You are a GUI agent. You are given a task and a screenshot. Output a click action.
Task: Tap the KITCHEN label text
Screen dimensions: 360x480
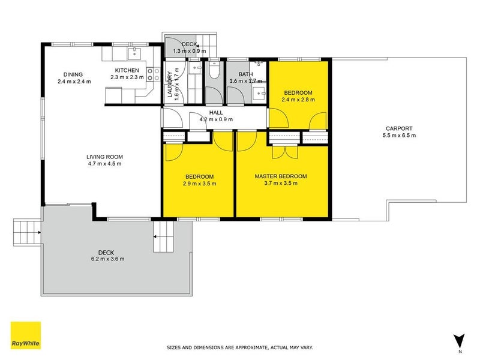click(x=127, y=70)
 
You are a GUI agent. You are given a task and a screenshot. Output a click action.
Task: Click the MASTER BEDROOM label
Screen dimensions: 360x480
click(x=281, y=176)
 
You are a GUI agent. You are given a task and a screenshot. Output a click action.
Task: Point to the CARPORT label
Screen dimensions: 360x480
click(x=399, y=128)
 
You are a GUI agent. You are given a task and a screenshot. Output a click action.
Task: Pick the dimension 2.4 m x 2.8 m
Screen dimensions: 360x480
click(x=298, y=100)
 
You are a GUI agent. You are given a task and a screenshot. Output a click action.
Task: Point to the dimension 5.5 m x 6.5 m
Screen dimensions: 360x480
click(x=399, y=136)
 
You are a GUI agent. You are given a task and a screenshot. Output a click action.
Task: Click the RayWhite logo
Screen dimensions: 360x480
click(x=26, y=335)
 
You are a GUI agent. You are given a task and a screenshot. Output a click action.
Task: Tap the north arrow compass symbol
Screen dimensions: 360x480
click(x=460, y=340)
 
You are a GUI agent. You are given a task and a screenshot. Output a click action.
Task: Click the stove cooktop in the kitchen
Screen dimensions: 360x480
click(x=154, y=74)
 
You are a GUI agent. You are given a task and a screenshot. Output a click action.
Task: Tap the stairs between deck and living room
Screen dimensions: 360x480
click(x=163, y=236)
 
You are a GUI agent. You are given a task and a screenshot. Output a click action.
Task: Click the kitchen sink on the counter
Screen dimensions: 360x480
click(x=134, y=54)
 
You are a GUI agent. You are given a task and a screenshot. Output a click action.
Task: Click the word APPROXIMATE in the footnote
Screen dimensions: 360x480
click(x=261, y=347)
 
